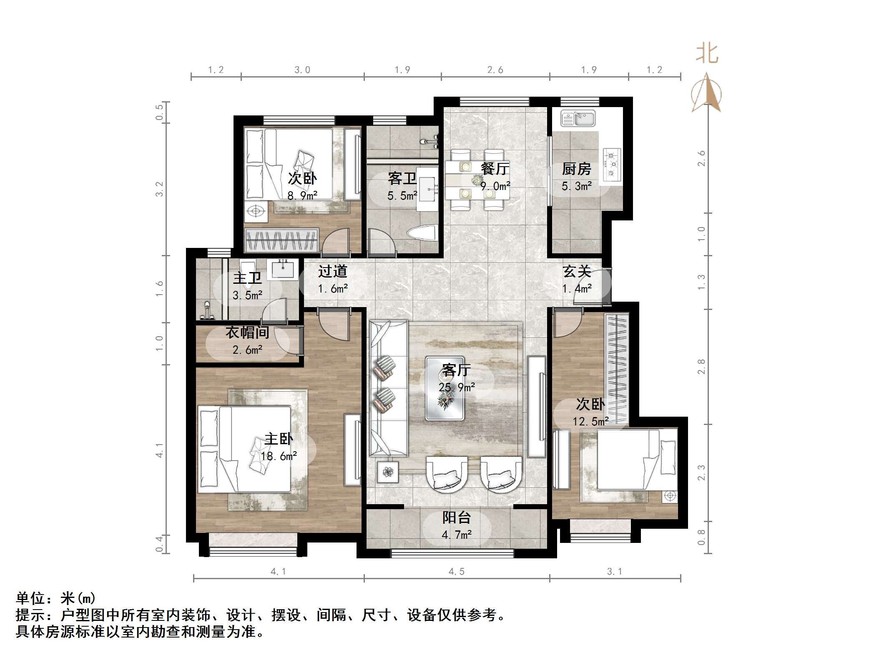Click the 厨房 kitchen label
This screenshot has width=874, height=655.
tap(576, 169)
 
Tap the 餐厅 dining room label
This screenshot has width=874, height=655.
tap(495, 169)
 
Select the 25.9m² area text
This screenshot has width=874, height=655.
tap(457, 387)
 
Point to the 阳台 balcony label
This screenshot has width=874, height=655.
tap(457, 517)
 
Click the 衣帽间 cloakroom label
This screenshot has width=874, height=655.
tap(247, 332)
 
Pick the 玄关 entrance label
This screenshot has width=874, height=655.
tap(577, 272)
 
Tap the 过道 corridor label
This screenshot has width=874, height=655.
tap(332, 272)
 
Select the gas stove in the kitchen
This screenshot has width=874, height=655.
tap(612, 164)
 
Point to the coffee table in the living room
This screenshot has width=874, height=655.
tap(445, 388)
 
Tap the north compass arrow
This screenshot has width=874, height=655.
tap(706, 93)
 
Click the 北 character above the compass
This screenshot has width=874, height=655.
tap(707, 54)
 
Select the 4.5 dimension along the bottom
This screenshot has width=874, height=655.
tap(457, 572)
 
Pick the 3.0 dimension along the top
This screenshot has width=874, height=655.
tap(302, 70)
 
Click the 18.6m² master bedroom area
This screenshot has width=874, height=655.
tap(279, 456)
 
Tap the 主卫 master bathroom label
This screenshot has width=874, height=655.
tap(247, 278)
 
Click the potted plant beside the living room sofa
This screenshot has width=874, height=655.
tap(388, 472)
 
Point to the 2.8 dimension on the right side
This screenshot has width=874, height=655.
tap(701, 367)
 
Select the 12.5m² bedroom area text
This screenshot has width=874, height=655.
tap(590, 422)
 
